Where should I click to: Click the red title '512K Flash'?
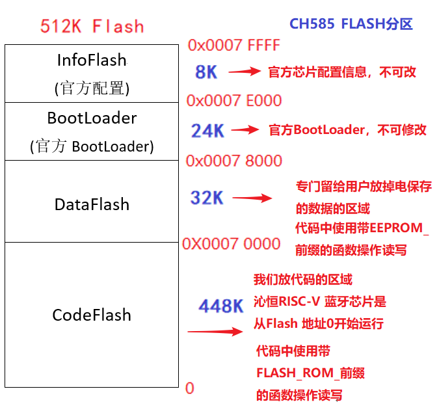click(x=92, y=26)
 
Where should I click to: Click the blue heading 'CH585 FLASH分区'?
click(x=351, y=25)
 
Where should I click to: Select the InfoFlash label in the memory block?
click(x=92, y=60)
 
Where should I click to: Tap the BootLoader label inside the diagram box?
click(x=92, y=118)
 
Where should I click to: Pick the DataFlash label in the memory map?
click(x=92, y=204)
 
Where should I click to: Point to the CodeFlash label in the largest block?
click(x=92, y=315)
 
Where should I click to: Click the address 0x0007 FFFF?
click(x=233, y=46)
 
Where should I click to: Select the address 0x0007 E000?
click(x=233, y=101)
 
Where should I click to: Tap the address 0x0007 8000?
click(x=233, y=161)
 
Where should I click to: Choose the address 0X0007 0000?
click(x=231, y=244)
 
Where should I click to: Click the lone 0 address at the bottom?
click(x=190, y=388)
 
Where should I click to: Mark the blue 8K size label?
click(x=206, y=72)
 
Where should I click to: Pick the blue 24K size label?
click(x=207, y=131)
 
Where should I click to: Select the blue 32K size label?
click(x=207, y=197)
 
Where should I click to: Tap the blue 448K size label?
click(x=221, y=306)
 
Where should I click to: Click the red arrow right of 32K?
click(x=252, y=198)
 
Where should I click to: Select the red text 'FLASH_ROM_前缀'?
click(x=310, y=373)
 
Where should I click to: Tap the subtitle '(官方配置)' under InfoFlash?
click(x=92, y=88)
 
